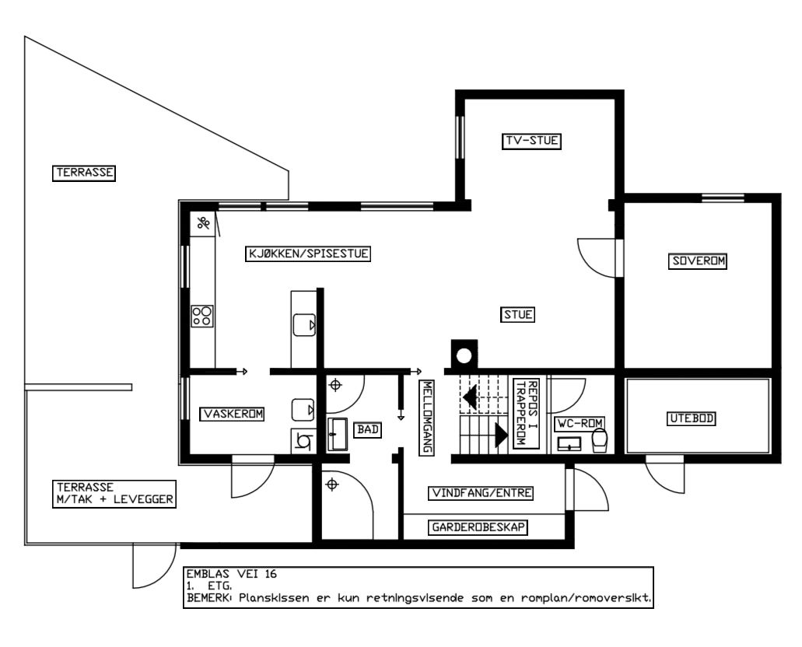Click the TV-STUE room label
(531, 141)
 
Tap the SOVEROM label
(699, 261)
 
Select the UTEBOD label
(692, 418)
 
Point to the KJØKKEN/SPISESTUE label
(308, 254)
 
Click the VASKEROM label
(232, 414)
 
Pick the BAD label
(368, 429)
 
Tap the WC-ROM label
(580, 424)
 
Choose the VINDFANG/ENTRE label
(481, 493)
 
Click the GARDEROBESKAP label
(478, 527)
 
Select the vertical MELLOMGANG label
(426, 418)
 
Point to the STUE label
(517, 314)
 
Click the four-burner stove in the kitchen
(201, 316)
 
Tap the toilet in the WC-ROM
(599, 440)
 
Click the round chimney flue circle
(464, 355)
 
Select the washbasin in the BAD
(337, 434)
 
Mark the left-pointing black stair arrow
(470, 397)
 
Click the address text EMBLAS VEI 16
(231, 574)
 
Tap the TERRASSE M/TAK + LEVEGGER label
(114, 494)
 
